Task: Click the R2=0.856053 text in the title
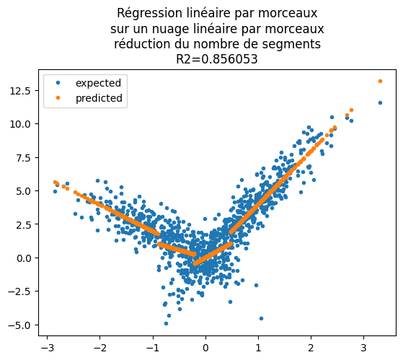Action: point(217,60)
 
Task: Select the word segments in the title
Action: point(294,44)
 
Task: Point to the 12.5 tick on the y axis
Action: point(23,90)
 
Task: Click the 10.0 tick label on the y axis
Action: point(23,124)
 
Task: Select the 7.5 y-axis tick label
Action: point(26,157)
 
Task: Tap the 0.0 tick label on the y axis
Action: point(26,258)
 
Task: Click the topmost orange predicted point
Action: point(380,81)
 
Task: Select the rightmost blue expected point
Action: point(380,102)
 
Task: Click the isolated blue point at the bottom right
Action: point(261,318)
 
